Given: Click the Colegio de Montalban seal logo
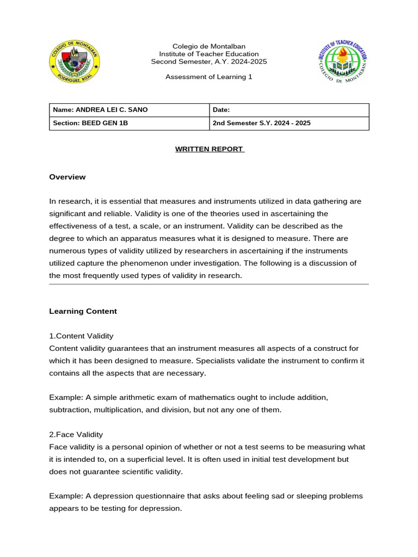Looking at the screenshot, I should point(75,63).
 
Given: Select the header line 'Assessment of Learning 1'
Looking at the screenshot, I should point(209,77).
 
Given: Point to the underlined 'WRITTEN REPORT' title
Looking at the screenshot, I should point(209,149).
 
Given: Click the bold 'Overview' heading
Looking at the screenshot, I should point(67,177).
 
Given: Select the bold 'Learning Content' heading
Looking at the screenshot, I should point(83,311).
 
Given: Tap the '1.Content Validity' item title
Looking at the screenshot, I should point(81,336).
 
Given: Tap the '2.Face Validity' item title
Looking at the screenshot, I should point(76,435).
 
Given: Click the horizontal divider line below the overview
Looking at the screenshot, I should point(209,284).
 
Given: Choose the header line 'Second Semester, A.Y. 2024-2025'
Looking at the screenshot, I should point(209,61).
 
